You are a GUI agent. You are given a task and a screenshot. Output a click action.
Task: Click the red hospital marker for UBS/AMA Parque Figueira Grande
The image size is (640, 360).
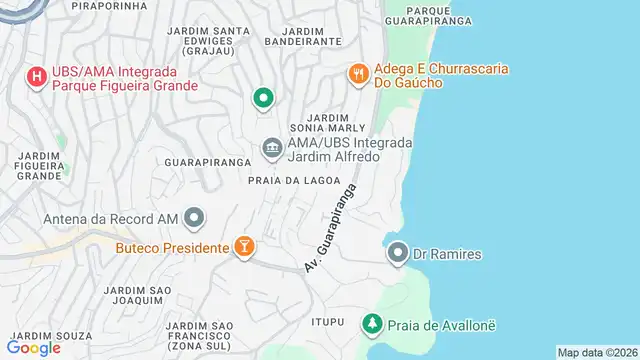tap(37, 76)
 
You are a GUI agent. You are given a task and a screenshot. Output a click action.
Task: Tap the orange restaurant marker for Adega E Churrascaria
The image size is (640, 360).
tap(358, 74)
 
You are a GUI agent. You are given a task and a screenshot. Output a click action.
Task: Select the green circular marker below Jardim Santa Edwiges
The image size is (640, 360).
tap(263, 98)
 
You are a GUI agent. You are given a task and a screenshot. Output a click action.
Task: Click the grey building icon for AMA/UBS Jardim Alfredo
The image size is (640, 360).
tap(272, 149)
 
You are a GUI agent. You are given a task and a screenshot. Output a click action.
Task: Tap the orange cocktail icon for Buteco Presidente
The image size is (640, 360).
tap(243, 246)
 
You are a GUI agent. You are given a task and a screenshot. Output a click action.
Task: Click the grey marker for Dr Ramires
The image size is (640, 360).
tap(398, 254)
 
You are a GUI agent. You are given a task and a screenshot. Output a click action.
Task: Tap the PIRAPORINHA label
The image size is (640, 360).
tap(110, 6)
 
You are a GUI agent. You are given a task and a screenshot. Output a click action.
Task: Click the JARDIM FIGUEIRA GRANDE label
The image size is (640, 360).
tap(41, 165)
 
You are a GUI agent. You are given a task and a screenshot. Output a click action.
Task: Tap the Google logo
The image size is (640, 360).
tap(33, 348)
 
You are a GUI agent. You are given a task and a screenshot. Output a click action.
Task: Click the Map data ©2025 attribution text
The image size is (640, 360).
tap(596, 352)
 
